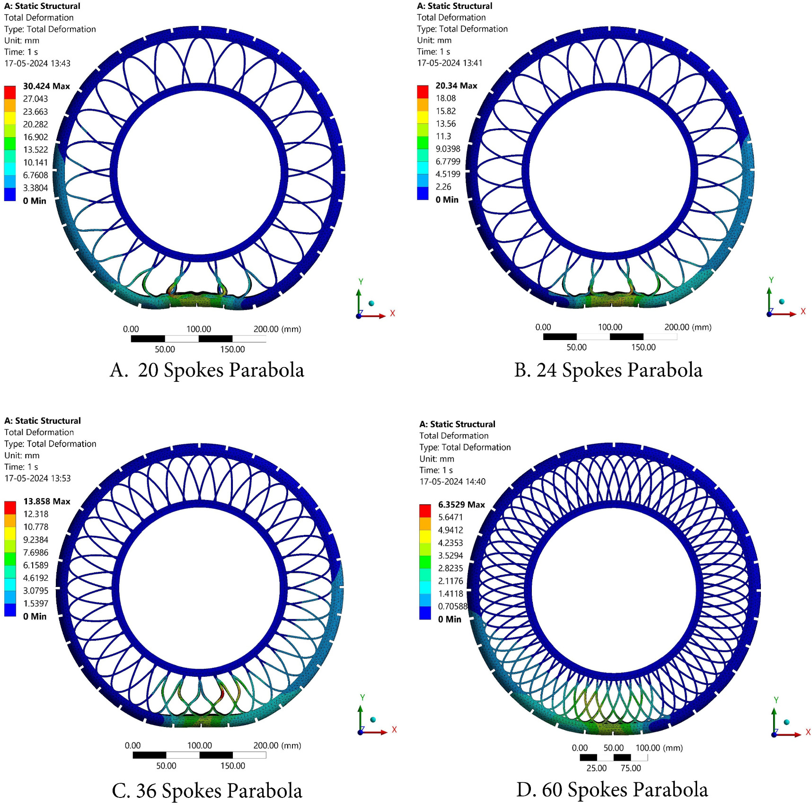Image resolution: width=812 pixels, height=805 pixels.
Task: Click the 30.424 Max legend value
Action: click(x=46, y=86)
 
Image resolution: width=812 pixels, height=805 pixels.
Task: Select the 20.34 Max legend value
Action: click(x=456, y=86)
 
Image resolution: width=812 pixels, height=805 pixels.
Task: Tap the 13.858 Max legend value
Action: click(x=47, y=501)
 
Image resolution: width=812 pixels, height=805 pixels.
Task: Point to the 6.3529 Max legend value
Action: click(x=461, y=505)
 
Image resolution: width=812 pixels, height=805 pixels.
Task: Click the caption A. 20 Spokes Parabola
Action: click(x=207, y=370)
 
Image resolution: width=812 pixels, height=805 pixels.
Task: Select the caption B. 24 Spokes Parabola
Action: click(x=608, y=370)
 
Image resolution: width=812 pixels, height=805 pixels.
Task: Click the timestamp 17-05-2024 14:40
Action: click(x=452, y=481)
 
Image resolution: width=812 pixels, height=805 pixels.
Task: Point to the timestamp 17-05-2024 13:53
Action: click(x=37, y=478)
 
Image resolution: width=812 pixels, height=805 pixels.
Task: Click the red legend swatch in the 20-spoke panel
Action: click(x=10, y=92)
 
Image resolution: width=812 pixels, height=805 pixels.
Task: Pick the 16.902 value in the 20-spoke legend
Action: click(x=35, y=137)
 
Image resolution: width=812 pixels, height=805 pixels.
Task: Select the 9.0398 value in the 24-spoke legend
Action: click(x=448, y=149)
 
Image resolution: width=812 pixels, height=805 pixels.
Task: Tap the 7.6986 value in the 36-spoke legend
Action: click(x=35, y=552)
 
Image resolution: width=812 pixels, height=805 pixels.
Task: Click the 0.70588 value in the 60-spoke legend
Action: click(x=452, y=606)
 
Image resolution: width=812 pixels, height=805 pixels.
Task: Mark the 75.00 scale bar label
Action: click(x=631, y=768)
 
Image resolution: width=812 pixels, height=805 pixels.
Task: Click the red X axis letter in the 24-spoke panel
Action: click(x=803, y=311)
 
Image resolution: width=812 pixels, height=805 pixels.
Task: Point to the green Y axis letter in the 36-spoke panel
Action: click(x=362, y=697)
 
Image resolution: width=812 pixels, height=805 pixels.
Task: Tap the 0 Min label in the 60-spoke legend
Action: click(x=450, y=619)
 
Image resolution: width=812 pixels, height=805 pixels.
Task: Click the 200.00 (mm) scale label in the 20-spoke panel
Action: click(x=277, y=329)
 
